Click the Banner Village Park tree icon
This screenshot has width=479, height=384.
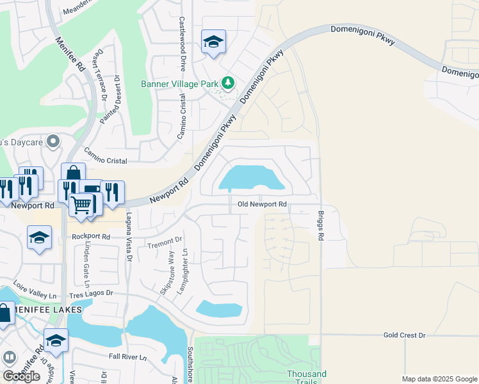click(x=227, y=83)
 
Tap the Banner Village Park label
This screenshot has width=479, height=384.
click(x=179, y=83)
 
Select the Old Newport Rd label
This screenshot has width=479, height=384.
click(x=261, y=205)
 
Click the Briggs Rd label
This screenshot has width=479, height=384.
click(x=320, y=227)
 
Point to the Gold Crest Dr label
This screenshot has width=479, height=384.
click(x=404, y=335)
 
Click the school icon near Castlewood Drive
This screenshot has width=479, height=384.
click(x=213, y=42)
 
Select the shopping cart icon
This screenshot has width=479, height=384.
click(x=81, y=205)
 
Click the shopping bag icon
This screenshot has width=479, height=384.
click(x=74, y=173)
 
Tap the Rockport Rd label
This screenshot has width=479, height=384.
click(x=91, y=236)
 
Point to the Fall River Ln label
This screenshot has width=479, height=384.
click(x=127, y=356)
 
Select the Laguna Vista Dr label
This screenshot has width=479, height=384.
click(x=128, y=237)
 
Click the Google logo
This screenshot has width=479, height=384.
click(x=21, y=376)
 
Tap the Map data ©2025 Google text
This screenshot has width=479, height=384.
click(x=439, y=379)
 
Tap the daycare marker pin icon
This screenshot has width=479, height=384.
click(x=53, y=140)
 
